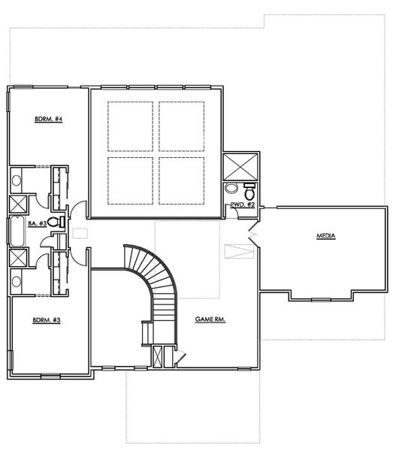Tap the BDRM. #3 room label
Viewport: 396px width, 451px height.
coord(46,320)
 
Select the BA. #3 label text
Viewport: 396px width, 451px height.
coord(38,223)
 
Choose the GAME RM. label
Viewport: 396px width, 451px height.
coord(211,319)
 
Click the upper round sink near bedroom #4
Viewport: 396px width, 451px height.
coord(16,181)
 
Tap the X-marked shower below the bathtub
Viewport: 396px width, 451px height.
coord(18,257)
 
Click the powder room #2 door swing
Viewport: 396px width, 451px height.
coord(234,214)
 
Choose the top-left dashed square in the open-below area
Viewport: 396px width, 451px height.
coord(131,125)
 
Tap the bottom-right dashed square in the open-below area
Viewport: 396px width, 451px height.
coord(181,180)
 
